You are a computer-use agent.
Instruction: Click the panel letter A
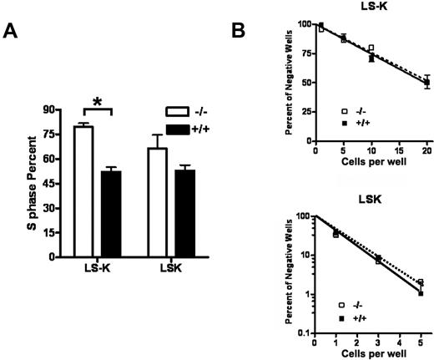tap(14, 32)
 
